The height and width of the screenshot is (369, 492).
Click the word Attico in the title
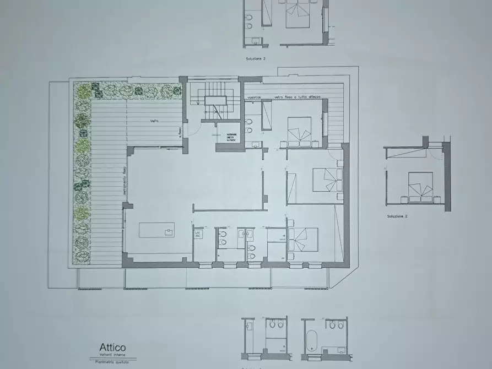112,348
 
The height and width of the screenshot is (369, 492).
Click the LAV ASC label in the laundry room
198,234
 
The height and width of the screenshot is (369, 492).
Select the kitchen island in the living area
156,230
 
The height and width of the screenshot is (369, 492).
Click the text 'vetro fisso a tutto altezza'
298,97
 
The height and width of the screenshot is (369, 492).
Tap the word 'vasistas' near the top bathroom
254,97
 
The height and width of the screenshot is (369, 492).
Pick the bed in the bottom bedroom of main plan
302,241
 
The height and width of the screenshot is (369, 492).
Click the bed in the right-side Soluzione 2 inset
420,186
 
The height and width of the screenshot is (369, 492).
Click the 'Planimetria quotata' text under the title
112,361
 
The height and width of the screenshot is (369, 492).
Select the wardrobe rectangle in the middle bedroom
291,188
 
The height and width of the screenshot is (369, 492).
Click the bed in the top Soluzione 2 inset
300,14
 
